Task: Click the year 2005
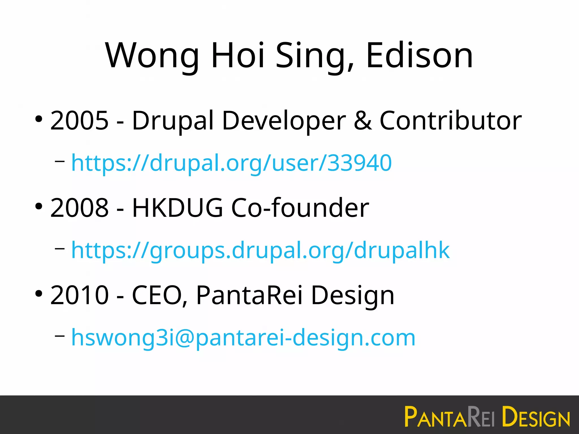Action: click(x=79, y=121)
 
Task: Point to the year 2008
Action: click(x=79, y=208)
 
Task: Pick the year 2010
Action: click(x=79, y=295)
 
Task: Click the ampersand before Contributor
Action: click(x=363, y=121)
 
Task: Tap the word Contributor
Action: click(x=451, y=121)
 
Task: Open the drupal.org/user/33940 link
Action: click(x=232, y=163)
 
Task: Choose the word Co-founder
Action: click(x=300, y=208)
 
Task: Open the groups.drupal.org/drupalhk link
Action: click(x=260, y=250)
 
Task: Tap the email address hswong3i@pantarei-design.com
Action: click(x=243, y=338)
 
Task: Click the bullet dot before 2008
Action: click(x=39, y=207)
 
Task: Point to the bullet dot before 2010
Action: click(x=39, y=294)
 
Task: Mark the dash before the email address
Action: click(x=60, y=336)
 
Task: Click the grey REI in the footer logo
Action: click(x=481, y=417)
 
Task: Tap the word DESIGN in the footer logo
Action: click(x=536, y=417)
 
